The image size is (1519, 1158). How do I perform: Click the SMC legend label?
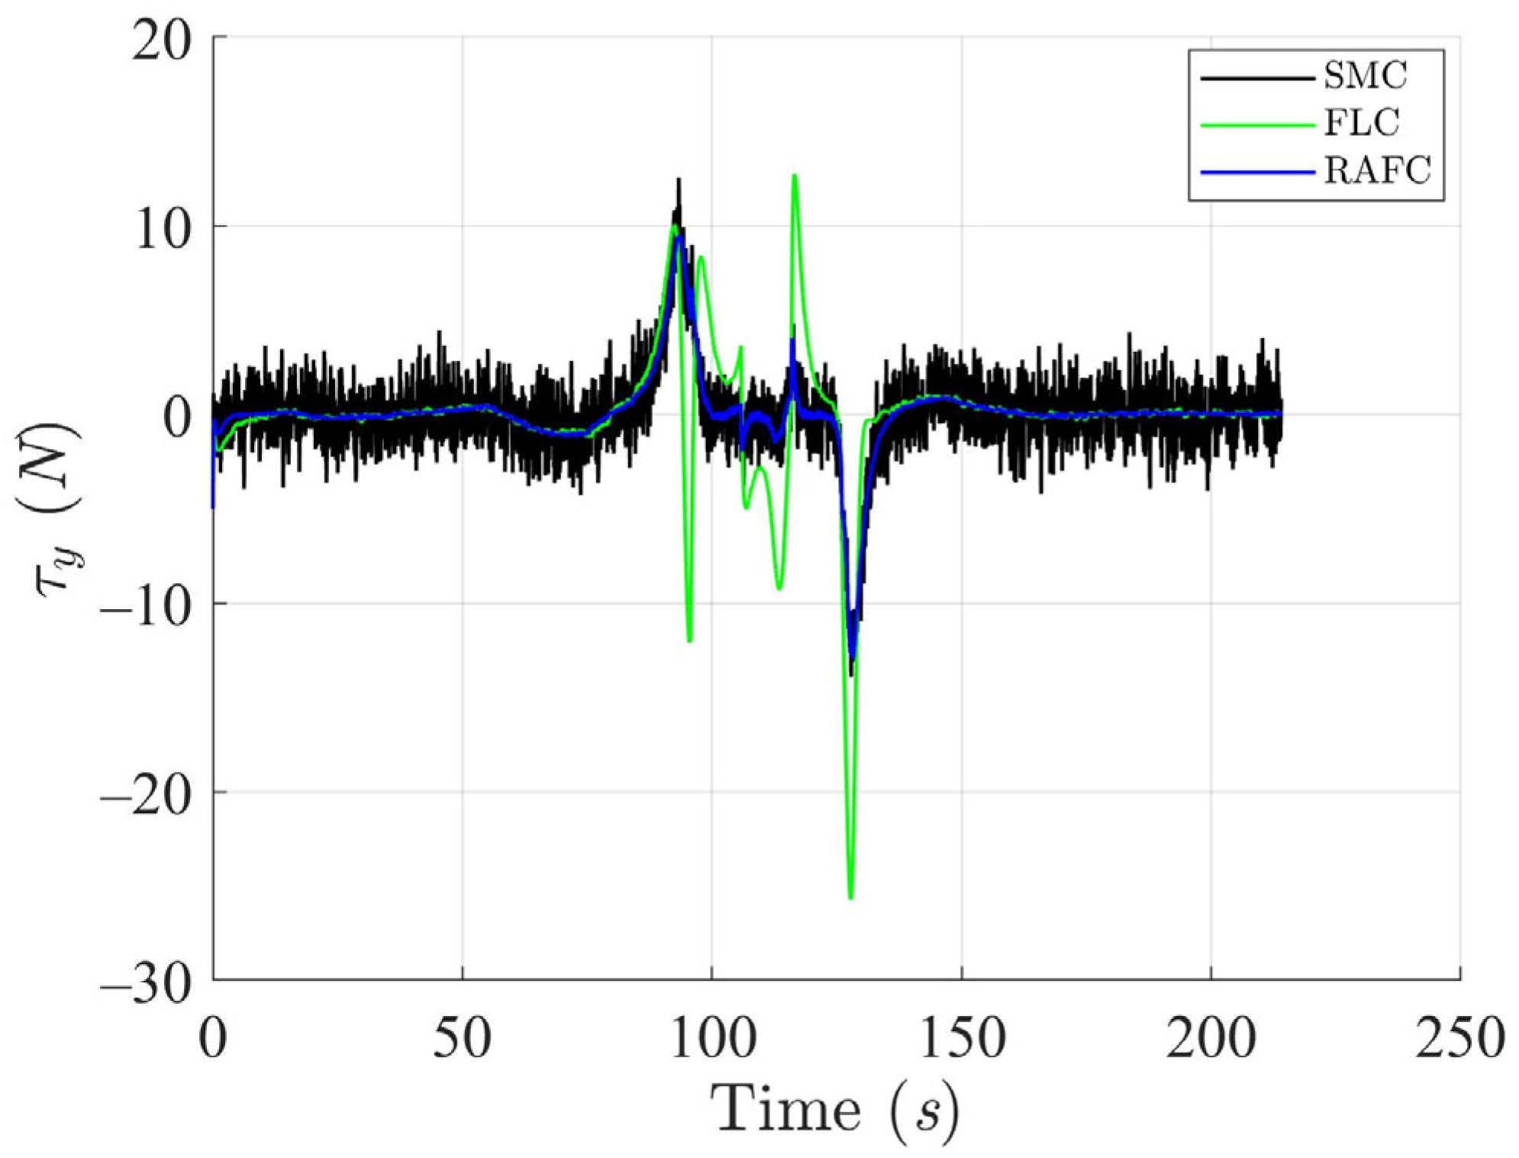pos(1365,76)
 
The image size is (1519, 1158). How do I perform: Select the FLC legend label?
pos(1361,123)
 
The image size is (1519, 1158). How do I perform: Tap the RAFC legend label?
pos(1376,170)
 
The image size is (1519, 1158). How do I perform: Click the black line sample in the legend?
pos(1256,78)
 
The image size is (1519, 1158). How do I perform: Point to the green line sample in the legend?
pos(1256,124)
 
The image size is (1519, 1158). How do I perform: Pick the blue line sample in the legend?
pos(1256,173)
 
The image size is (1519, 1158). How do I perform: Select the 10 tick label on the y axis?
pos(163,229)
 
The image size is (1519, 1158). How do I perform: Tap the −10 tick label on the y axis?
pos(145,607)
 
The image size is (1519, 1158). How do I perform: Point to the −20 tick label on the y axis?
pos(145,795)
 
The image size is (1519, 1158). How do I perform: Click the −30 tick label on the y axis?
pos(145,983)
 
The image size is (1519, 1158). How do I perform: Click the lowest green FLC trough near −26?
pos(850,898)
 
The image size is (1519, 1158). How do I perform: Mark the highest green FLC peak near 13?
pos(795,176)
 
